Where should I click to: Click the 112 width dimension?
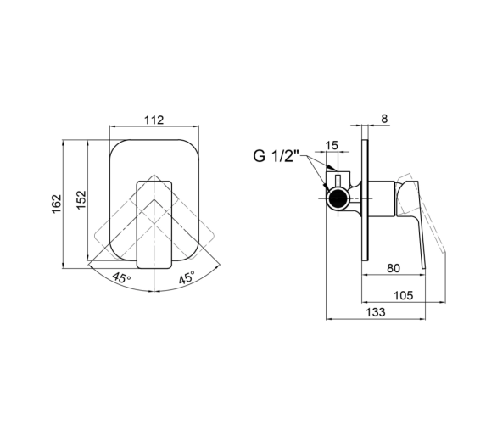pos(154,120)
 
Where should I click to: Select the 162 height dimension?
pos(57,204)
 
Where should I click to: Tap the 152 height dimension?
pos(81,199)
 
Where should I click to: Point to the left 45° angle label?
pos(122,278)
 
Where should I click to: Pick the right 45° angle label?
pos(187,277)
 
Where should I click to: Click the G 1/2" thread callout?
pos(276,156)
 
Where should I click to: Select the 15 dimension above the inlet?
pos(332,146)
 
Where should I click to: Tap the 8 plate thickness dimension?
pos(384,119)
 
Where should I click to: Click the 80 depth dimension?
pos(394,269)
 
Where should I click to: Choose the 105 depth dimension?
pos(404,295)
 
